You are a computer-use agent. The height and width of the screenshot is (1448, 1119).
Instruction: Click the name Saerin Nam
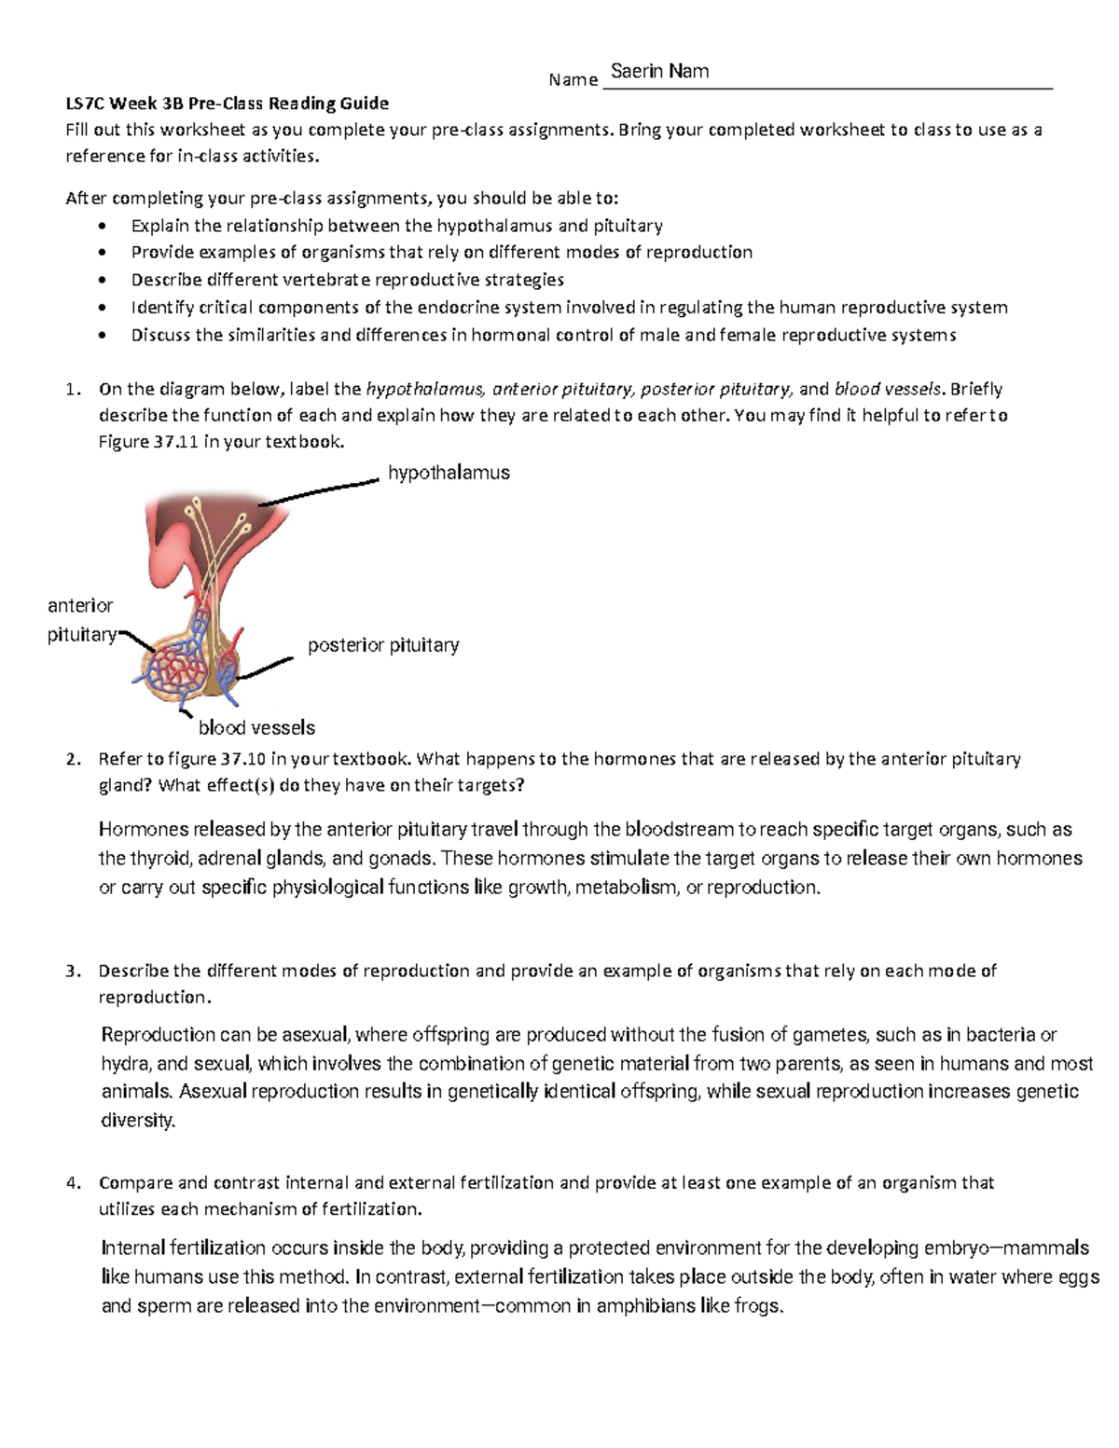point(658,72)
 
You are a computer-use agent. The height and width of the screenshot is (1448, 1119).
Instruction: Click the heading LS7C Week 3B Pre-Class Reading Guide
point(227,103)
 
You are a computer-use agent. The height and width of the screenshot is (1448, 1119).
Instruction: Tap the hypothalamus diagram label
point(449,473)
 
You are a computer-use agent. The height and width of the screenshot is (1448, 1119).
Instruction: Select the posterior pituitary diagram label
point(383,645)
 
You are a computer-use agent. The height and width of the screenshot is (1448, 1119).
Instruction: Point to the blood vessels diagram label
point(256,728)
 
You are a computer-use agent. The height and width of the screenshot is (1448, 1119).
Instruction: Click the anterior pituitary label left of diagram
point(80,620)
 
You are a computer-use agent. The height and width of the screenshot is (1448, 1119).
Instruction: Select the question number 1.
point(73,390)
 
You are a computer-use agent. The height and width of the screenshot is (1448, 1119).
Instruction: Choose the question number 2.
point(73,759)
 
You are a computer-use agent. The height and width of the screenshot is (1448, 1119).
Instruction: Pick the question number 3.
point(73,972)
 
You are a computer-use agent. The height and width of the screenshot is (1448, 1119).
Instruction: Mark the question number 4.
point(73,1183)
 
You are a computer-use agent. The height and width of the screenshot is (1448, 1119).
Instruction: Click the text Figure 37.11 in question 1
point(148,442)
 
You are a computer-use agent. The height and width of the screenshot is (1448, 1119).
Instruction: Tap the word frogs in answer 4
point(757,1306)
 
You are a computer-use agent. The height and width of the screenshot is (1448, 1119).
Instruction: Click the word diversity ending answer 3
point(137,1121)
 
